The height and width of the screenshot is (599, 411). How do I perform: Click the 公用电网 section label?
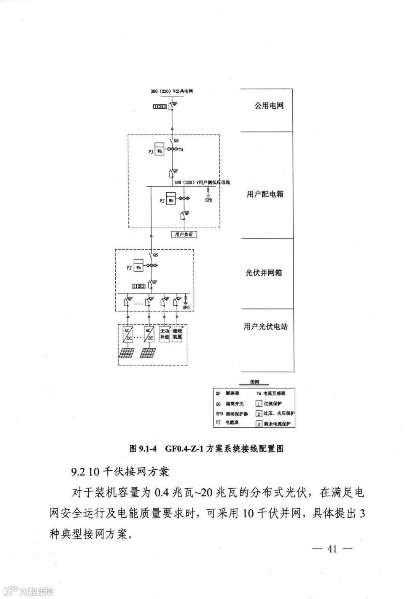pyautogui.click(x=269, y=106)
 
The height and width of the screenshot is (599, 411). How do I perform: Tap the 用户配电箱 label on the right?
pyautogui.click(x=265, y=194)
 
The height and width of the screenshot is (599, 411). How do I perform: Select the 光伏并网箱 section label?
pyautogui.click(x=264, y=273)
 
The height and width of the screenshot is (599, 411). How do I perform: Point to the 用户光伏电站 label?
pyautogui.click(x=266, y=326)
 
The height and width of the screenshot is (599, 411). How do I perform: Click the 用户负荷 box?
pyautogui.click(x=184, y=235)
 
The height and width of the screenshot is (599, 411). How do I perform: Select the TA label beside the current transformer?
pyautogui.click(x=181, y=150)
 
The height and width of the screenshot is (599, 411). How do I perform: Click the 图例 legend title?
pyautogui.click(x=255, y=382)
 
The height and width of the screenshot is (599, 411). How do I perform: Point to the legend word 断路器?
pyautogui.click(x=233, y=393)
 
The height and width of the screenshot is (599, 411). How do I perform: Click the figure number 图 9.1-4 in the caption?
pyautogui.click(x=143, y=449)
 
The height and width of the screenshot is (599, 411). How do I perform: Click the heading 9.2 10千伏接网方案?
pyautogui.click(x=119, y=472)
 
